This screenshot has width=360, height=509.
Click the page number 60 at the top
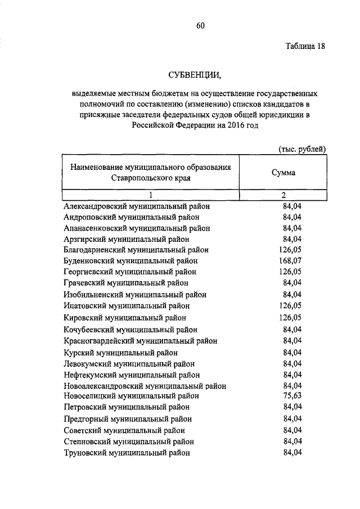point(201,24)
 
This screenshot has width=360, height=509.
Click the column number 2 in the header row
point(284,195)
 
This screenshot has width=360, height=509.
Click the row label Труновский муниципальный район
point(127,452)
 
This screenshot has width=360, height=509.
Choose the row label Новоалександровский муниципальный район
point(145,386)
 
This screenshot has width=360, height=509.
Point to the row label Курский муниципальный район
point(121,353)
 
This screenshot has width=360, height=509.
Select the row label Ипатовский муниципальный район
point(127,305)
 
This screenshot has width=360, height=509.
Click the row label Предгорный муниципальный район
point(128,419)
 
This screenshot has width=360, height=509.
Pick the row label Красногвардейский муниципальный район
point(141,341)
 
